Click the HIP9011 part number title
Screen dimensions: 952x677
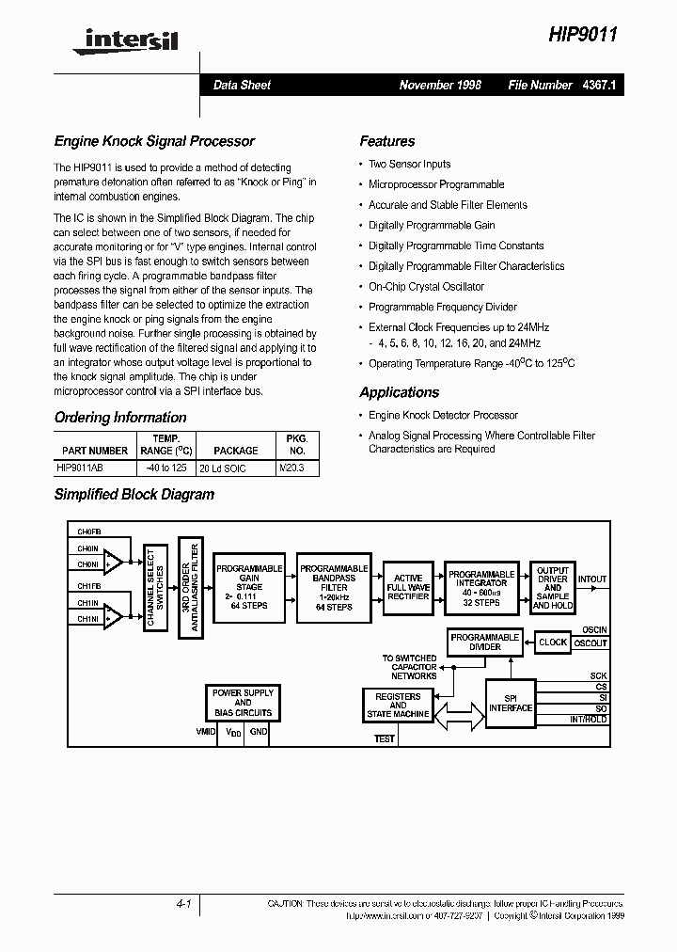[x=584, y=34]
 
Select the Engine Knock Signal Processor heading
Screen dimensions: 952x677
[x=154, y=141]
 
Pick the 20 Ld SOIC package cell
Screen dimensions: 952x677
[x=223, y=468]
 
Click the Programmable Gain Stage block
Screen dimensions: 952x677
[x=249, y=587]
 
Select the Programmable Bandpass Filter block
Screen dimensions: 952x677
[x=333, y=587]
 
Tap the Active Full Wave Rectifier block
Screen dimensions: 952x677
[x=408, y=587]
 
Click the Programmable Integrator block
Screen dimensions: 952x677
[x=481, y=587]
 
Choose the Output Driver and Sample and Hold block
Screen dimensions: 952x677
[x=552, y=587]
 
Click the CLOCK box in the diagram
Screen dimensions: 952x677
[x=553, y=643]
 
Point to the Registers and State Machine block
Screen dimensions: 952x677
[x=398, y=705]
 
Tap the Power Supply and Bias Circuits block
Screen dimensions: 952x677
[x=243, y=703]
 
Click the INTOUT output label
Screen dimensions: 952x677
[x=592, y=579]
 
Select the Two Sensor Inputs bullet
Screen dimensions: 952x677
[x=409, y=164]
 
